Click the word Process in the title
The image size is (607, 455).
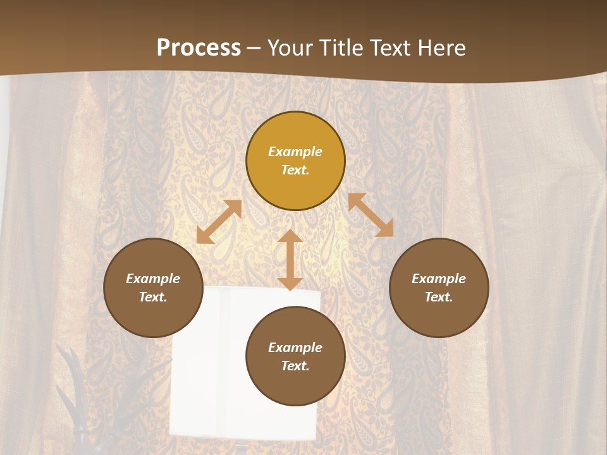(199, 48)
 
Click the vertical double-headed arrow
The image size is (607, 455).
(290, 260)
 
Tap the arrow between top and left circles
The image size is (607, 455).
(219, 222)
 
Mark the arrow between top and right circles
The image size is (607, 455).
(371, 215)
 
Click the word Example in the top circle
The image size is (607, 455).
(295, 152)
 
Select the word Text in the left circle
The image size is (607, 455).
(153, 297)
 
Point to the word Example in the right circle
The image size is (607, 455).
(439, 279)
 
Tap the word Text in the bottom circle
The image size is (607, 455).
(295, 366)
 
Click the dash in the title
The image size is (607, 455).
(254, 48)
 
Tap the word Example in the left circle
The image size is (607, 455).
(153, 279)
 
